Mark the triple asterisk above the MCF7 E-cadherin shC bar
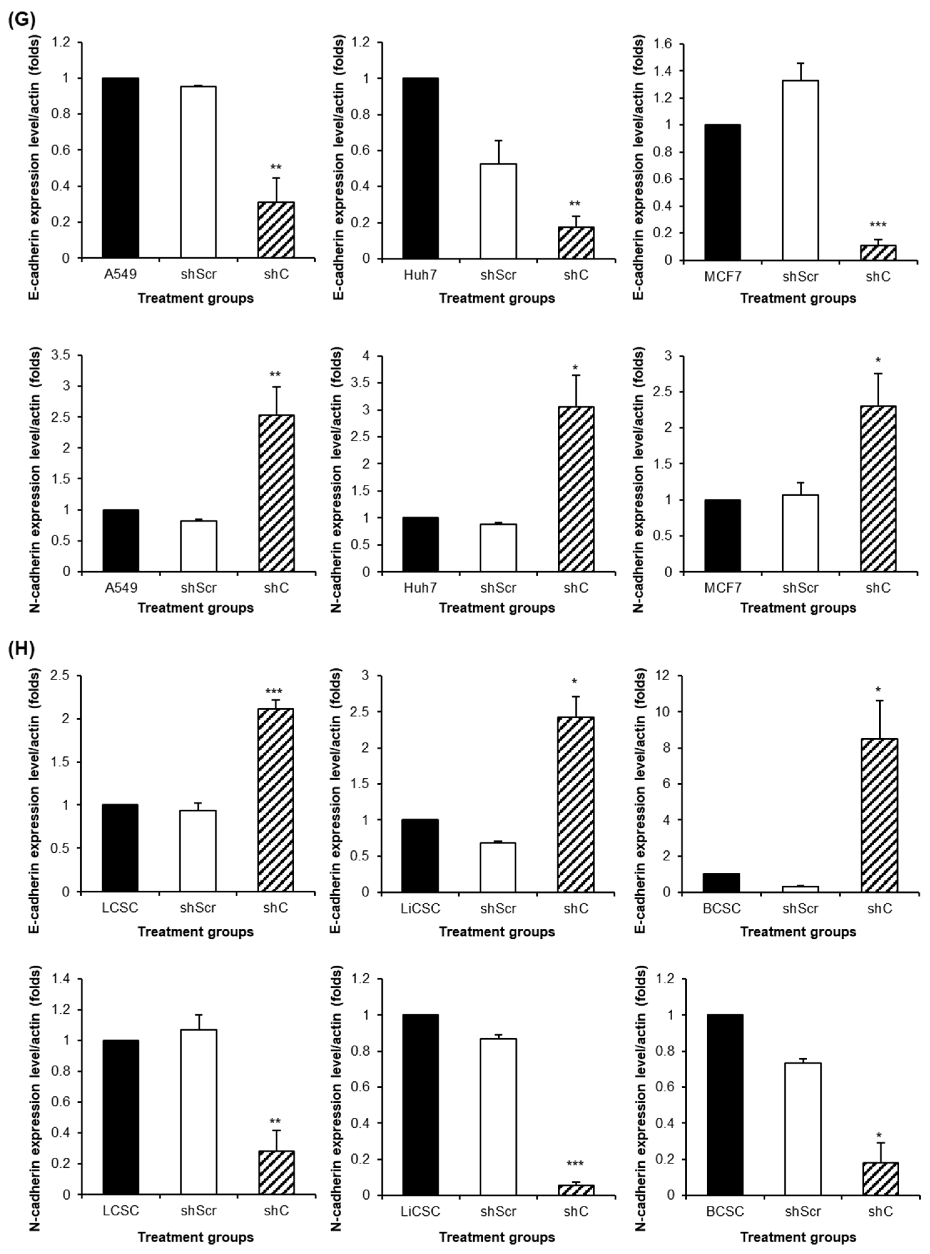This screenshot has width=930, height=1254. pos(878,225)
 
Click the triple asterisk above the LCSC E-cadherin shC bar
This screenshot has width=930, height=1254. pos(274,692)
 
